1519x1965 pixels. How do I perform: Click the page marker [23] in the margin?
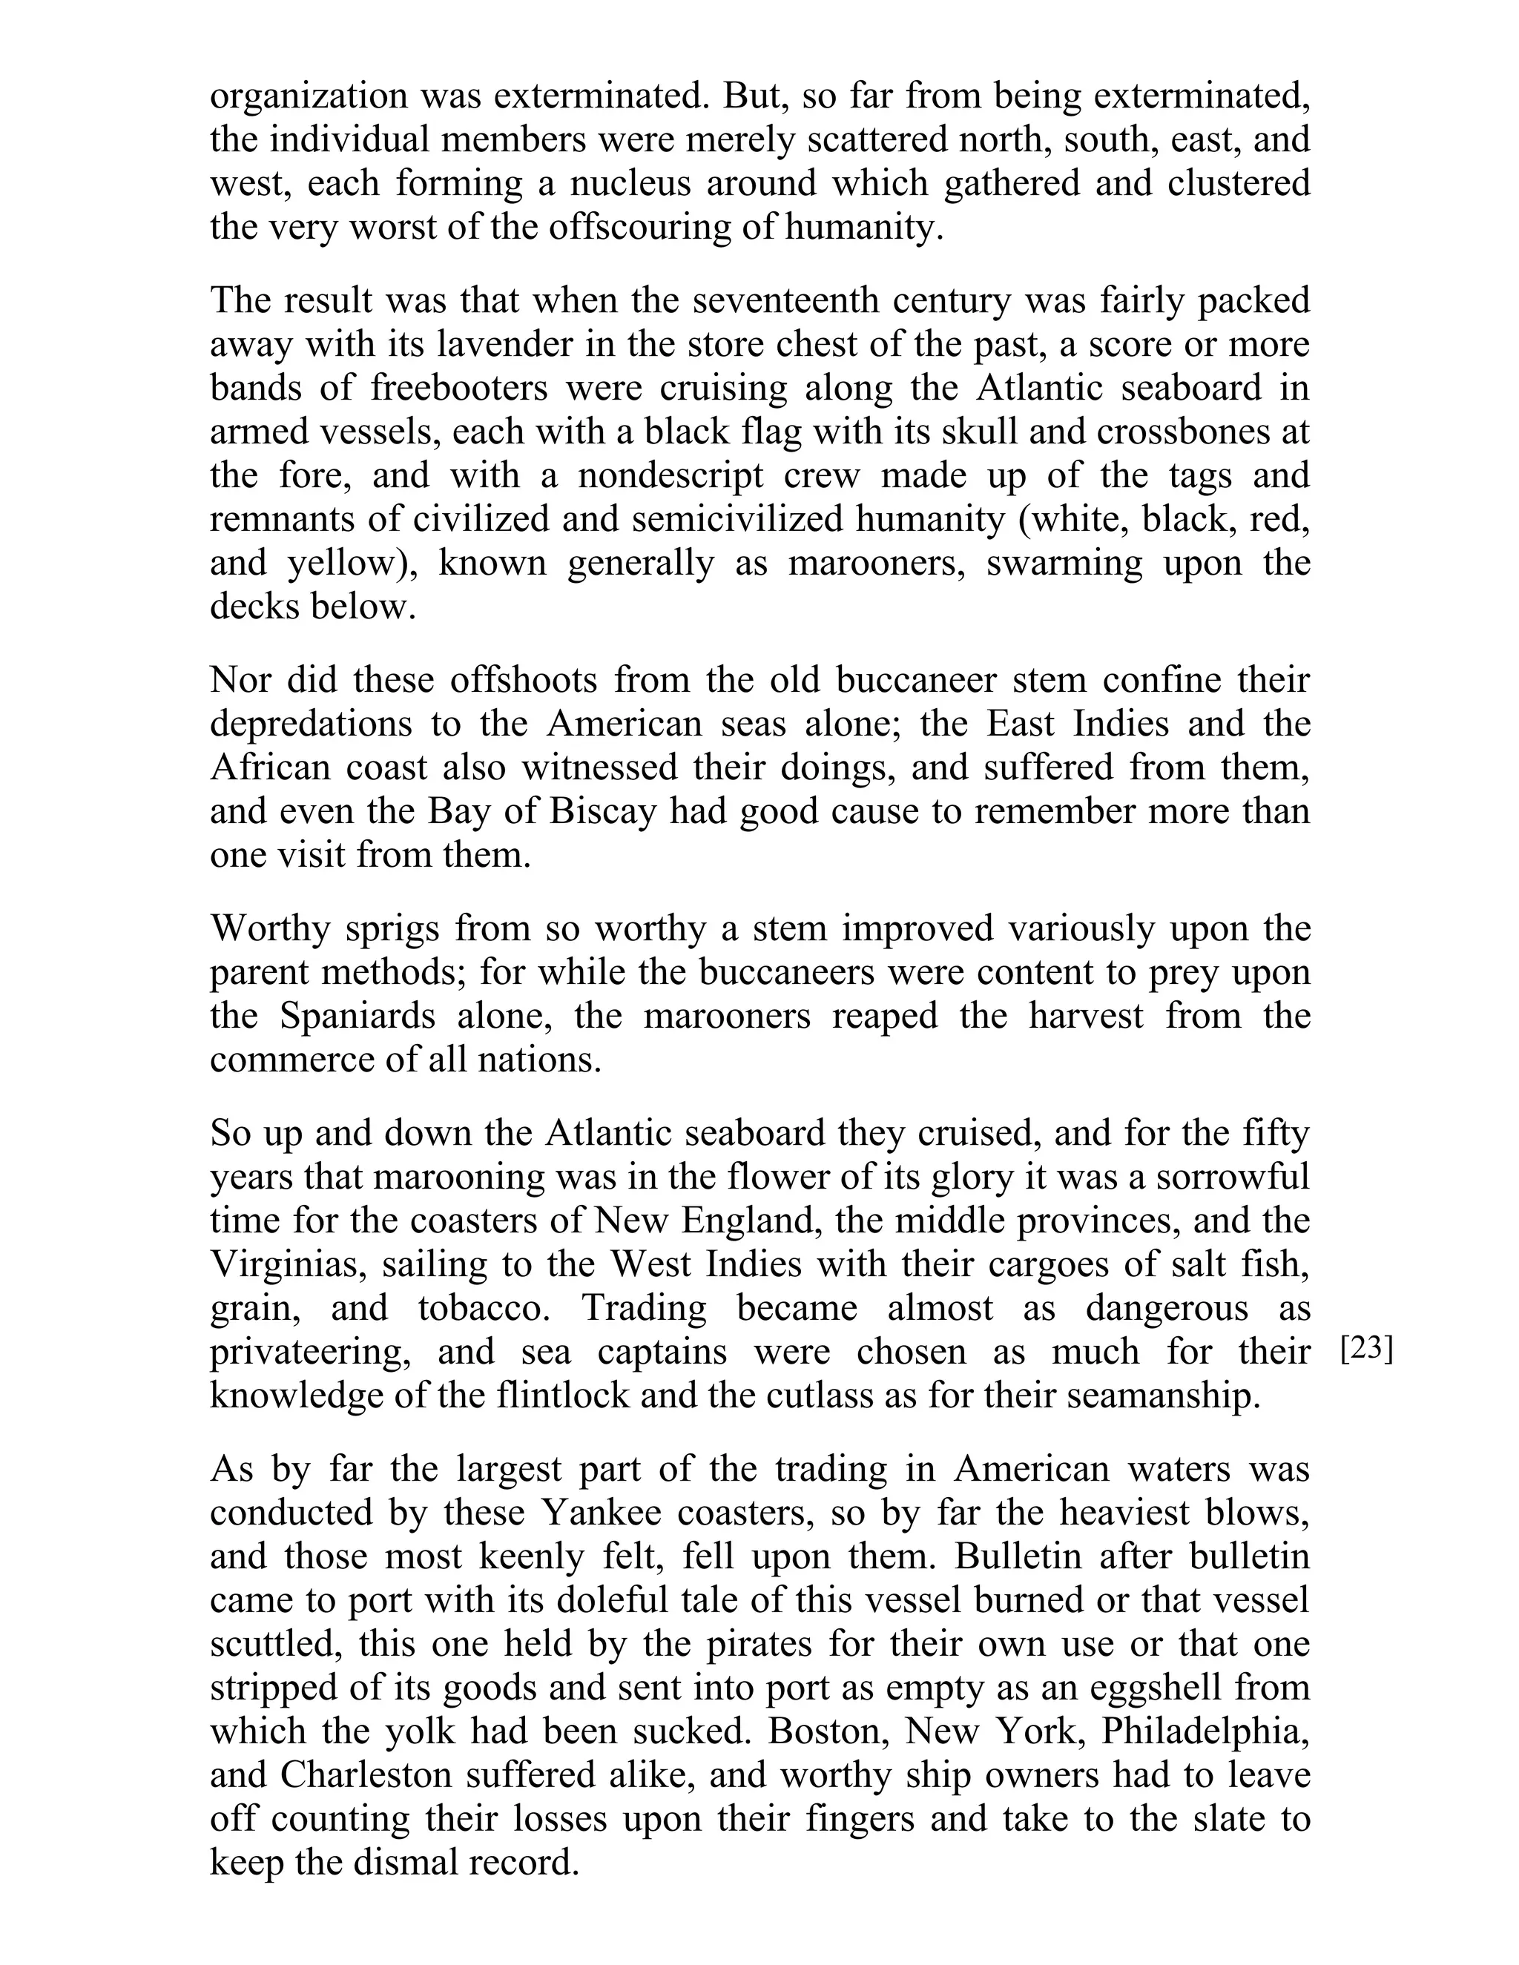(1366, 1350)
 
